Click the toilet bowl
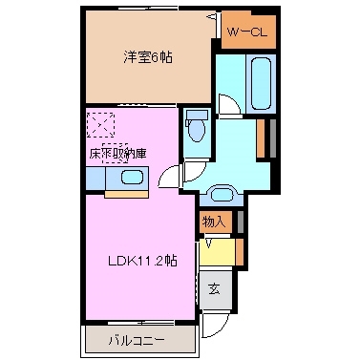pyautogui.click(x=197, y=128)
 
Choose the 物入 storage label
pyautogui.click(x=214, y=222)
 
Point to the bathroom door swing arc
pyautogui.click(x=226, y=104)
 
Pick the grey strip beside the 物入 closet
pyautogui.click(x=239, y=221)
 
